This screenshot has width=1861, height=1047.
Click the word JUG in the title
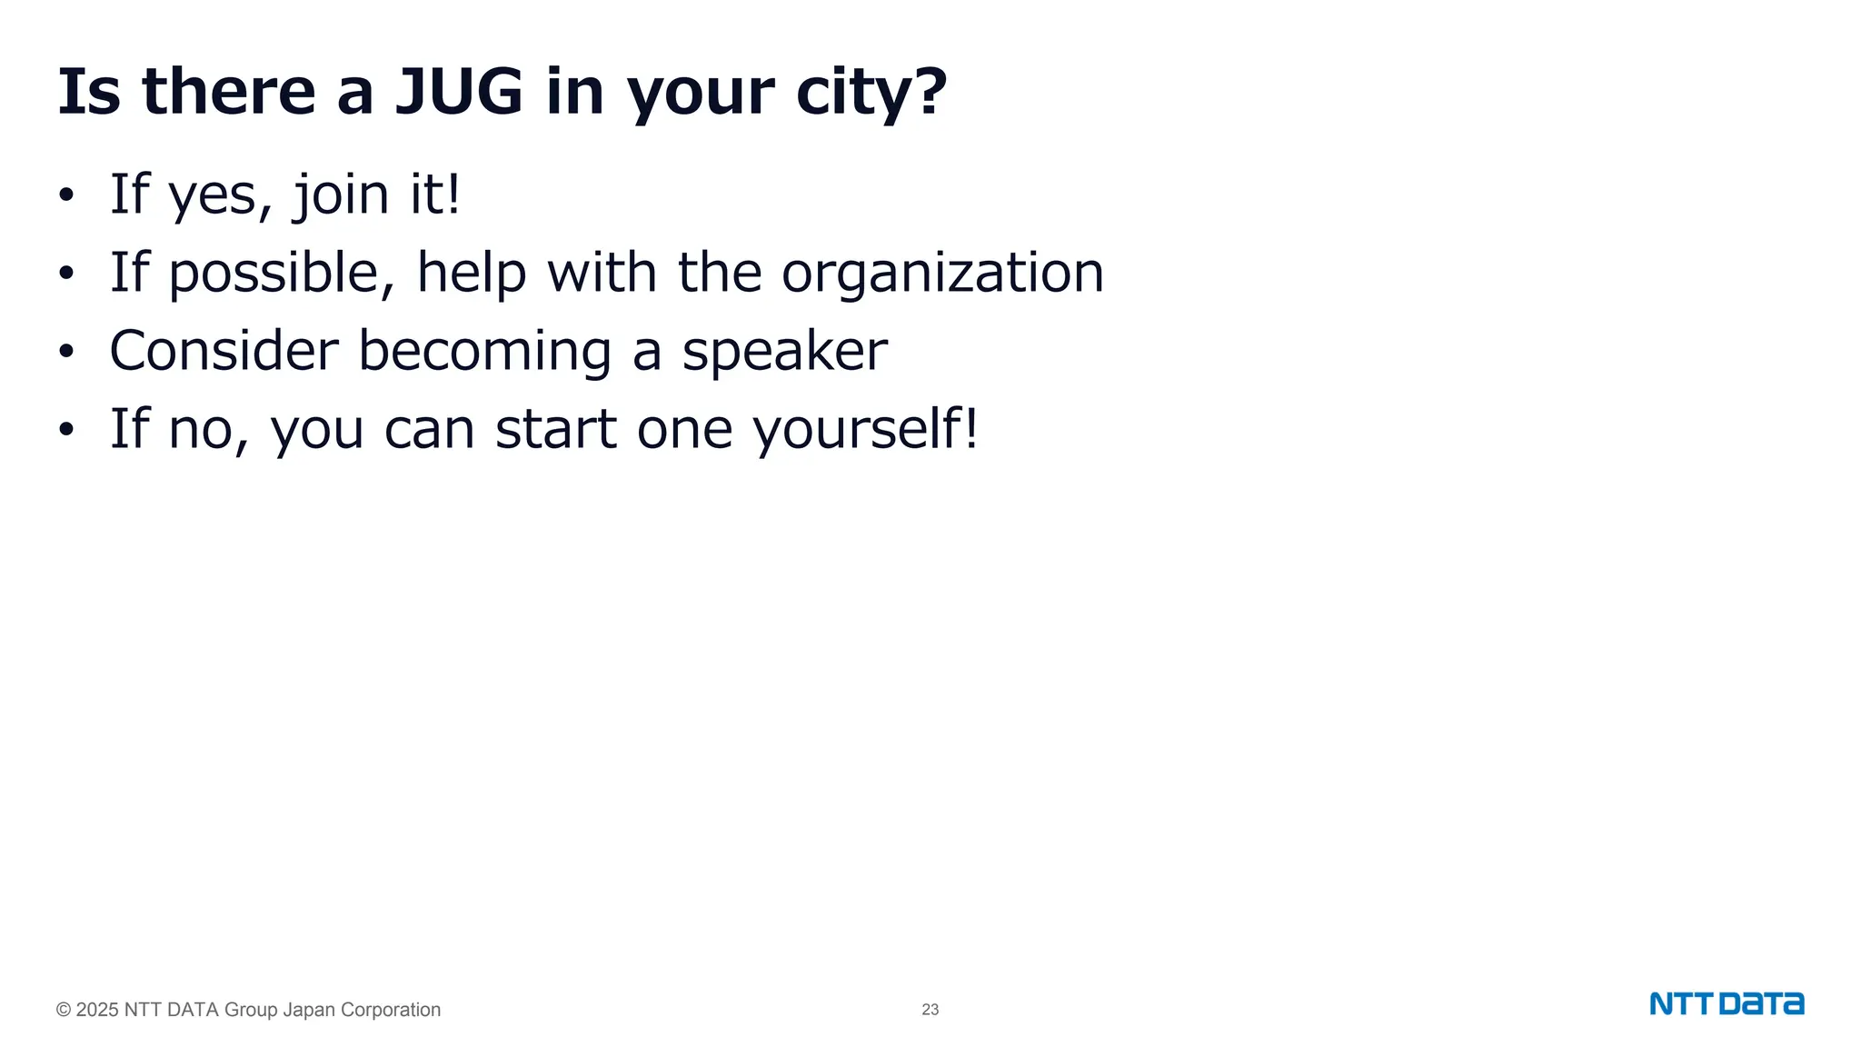click(459, 92)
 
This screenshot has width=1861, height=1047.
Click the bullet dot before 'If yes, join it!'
click(65, 195)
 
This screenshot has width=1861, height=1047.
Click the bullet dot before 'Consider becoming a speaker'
click(65, 352)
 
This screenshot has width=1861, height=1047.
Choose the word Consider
click(224, 351)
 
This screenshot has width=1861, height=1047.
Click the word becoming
click(485, 353)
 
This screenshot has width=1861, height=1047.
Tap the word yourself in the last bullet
click(866, 429)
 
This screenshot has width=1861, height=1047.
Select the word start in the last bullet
click(555, 429)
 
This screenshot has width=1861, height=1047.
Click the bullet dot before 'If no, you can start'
click(65, 430)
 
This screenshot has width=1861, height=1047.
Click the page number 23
click(930, 1010)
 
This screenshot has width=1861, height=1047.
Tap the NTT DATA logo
click(1727, 1004)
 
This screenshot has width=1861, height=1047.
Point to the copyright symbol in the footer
click(64, 1010)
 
